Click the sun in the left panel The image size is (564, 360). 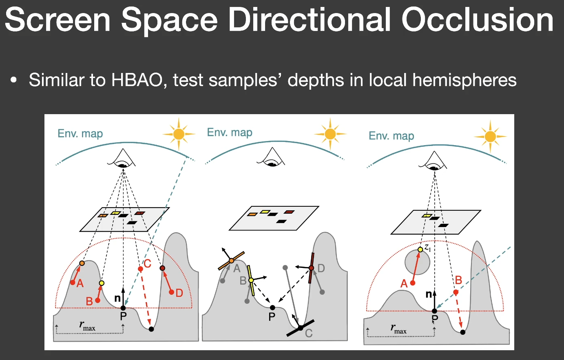tap(179, 134)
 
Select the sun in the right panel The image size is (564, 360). tap(490, 137)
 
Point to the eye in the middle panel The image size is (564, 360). tap(271, 157)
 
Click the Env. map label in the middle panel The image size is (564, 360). tap(230, 133)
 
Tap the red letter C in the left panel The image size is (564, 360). tap(148, 264)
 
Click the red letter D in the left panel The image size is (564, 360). tap(179, 293)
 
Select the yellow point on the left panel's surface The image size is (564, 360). tap(102, 283)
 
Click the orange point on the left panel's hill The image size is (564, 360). tap(82, 263)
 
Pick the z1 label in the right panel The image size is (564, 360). tap(428, 248)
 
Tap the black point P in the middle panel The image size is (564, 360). tap(272, 308)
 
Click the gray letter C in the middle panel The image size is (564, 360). tap(309, 333)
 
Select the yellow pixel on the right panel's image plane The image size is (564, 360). tap(427, 216)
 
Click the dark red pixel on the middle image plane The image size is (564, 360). tap(289, 212)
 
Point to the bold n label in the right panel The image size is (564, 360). tap(429, 294)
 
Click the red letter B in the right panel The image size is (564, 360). tap(458, 280)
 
